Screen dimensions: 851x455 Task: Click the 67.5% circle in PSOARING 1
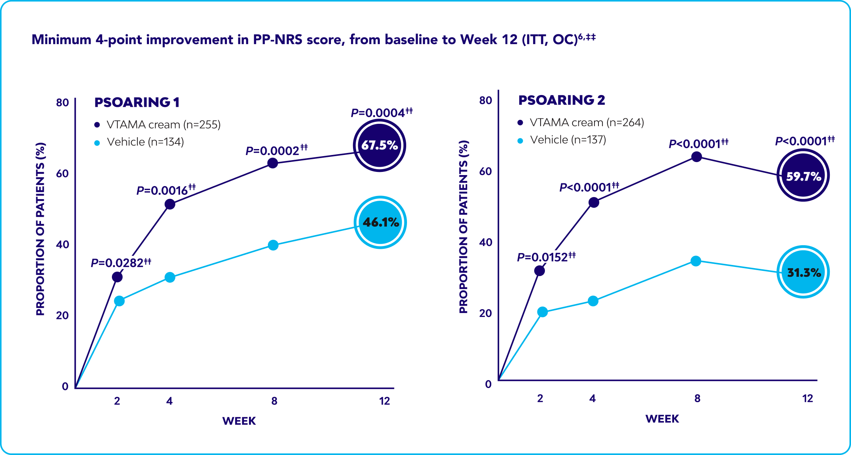pos(379,145)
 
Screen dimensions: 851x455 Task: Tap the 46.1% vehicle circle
pos(380,222)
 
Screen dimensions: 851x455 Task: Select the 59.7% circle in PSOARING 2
pos(803,175)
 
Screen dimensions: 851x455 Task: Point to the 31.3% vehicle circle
pos(803,272)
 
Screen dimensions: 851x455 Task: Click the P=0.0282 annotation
pos(121,262)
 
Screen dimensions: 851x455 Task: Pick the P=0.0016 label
pos(166,190)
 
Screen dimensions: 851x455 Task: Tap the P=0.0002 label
pos(277,150)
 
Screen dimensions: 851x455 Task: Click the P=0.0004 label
pos(382,112)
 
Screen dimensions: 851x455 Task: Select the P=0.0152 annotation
pos(546,257)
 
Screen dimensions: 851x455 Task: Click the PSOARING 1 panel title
pos(137,103)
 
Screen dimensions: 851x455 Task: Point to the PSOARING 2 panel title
pos(561,100)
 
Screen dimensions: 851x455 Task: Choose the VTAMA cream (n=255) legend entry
pos(158,125)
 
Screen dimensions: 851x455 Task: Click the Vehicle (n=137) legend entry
pos(562,140)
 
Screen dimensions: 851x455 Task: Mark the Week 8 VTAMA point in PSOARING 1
pos(273,163)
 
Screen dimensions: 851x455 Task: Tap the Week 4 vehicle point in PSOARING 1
pos(170,277)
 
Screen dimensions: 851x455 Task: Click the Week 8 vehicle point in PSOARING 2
pos(696,261)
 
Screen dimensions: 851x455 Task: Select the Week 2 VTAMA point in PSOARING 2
pos(540,271)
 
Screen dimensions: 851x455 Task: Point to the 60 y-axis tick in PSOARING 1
pos(62,173)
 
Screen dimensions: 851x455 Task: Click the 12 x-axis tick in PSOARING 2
pos(808,399)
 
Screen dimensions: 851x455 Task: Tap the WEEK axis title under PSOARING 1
pos(239,421)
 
